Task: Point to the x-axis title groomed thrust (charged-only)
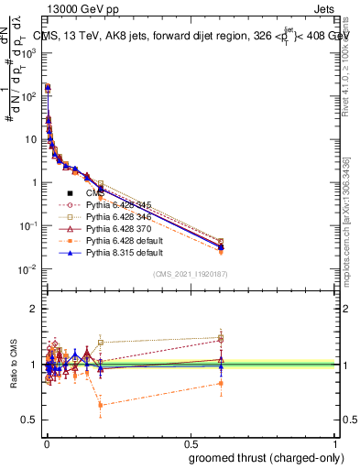coord(259,458)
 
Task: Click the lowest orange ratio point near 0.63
coord(101,405)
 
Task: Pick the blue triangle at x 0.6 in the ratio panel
coord(221,363)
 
